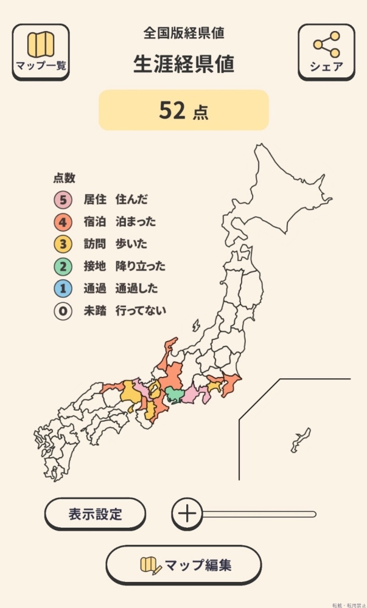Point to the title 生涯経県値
[184, 64]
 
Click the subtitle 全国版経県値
[184, 33]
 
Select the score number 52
[172, 110]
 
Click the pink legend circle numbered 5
[62, 199]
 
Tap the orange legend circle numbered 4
[62, 222]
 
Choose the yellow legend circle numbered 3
[62, 244]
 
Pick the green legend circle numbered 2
[62, 266]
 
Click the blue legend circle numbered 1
[62, 289]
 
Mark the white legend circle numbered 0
[62, 311]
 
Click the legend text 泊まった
[135, 222]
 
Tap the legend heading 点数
[64, 178]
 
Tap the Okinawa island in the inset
[299, 439]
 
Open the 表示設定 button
[95, 514]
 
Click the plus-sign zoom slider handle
[187, 514]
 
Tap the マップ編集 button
[184, 565]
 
